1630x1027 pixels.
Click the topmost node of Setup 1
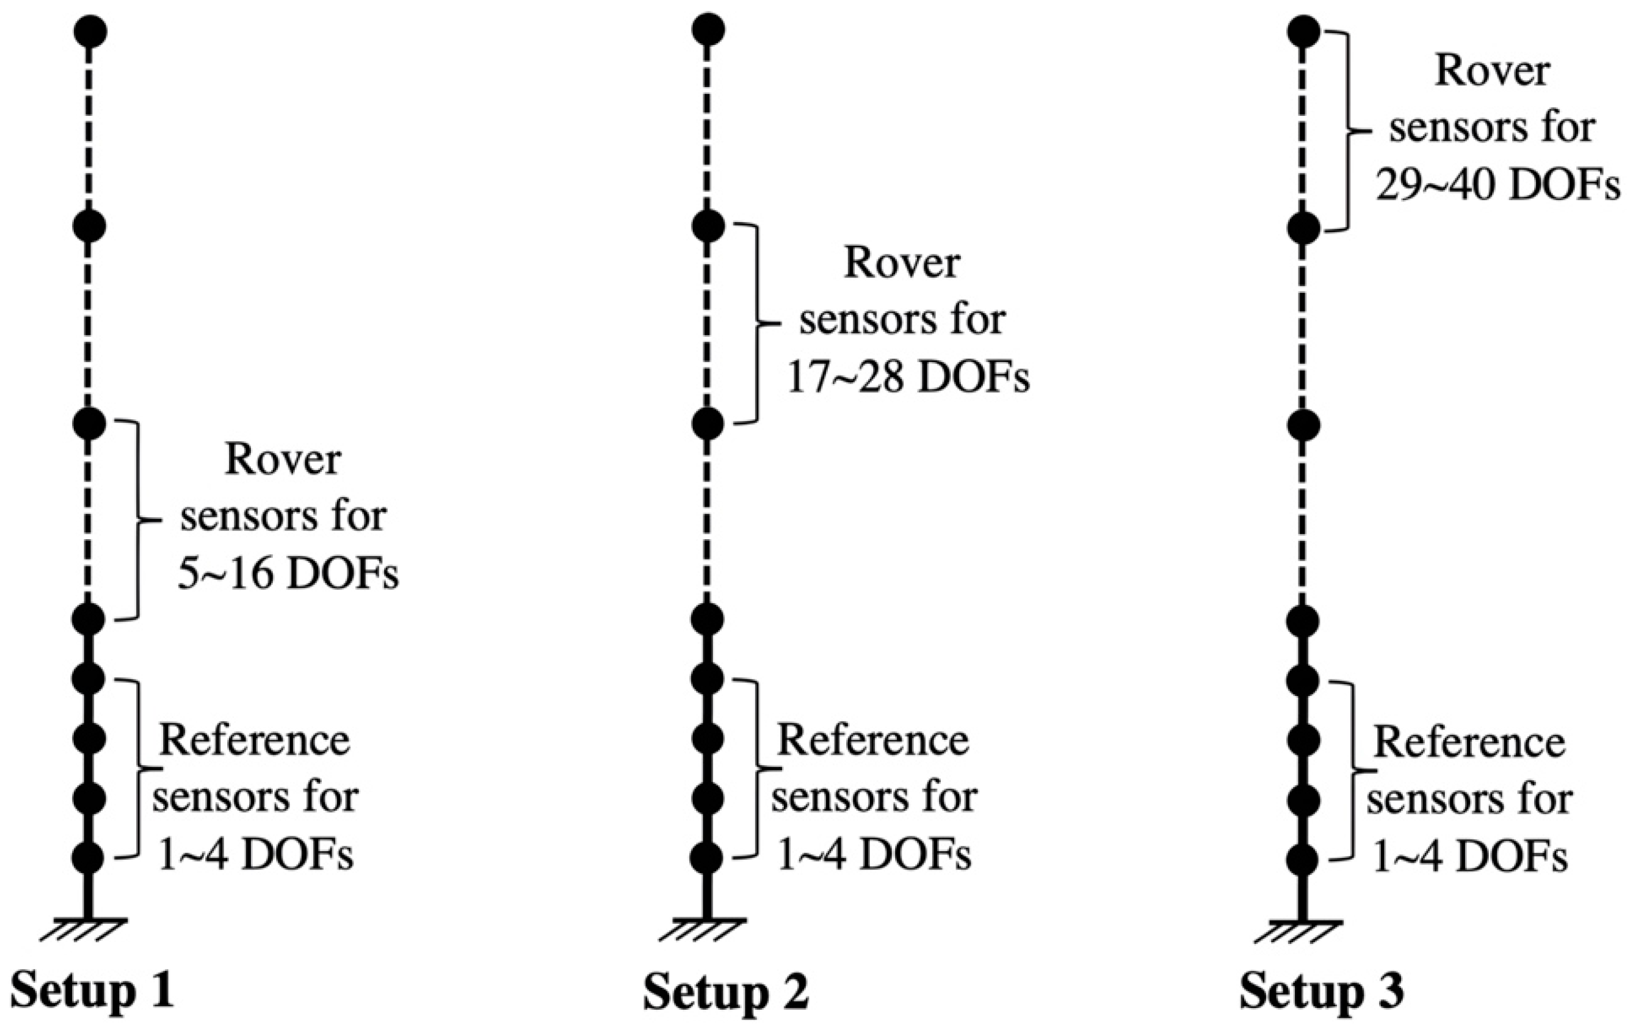tap(89, 32)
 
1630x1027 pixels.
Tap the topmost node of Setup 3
tap(1302, 32)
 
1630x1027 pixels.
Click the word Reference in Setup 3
tap(1469, 743)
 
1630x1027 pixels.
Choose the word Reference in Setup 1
tap(254, 740)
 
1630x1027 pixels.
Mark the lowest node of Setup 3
tap(1302, 859)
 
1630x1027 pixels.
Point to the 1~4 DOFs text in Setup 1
tap(255, 856)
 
